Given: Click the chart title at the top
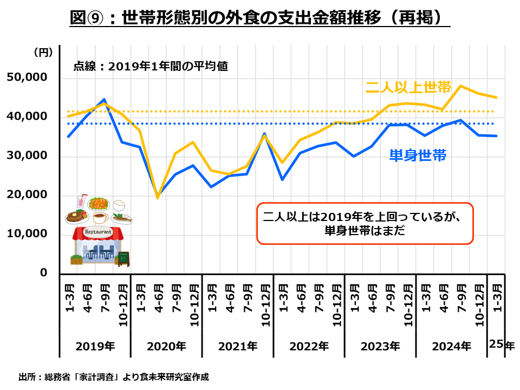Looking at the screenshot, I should click(x=260, y=18).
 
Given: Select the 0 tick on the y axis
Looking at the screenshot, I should click(x=44, y=272).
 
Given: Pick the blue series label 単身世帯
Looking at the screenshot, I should click(x=418, y=155).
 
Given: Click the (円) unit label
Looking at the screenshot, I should click(x=43, y=53).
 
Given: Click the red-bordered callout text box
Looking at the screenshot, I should click(x=365, y=223).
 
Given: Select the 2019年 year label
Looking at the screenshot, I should click(x=95, y=346).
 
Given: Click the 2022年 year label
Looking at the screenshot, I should click(x=309, y=346).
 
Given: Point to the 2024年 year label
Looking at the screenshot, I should click(x=452, y=346).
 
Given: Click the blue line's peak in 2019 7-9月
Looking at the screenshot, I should click(x=104, y=100).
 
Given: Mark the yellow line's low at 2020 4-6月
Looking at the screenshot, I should click(x=158, y=198).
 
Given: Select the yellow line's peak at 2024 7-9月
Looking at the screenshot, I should click(x=460, y=86).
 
